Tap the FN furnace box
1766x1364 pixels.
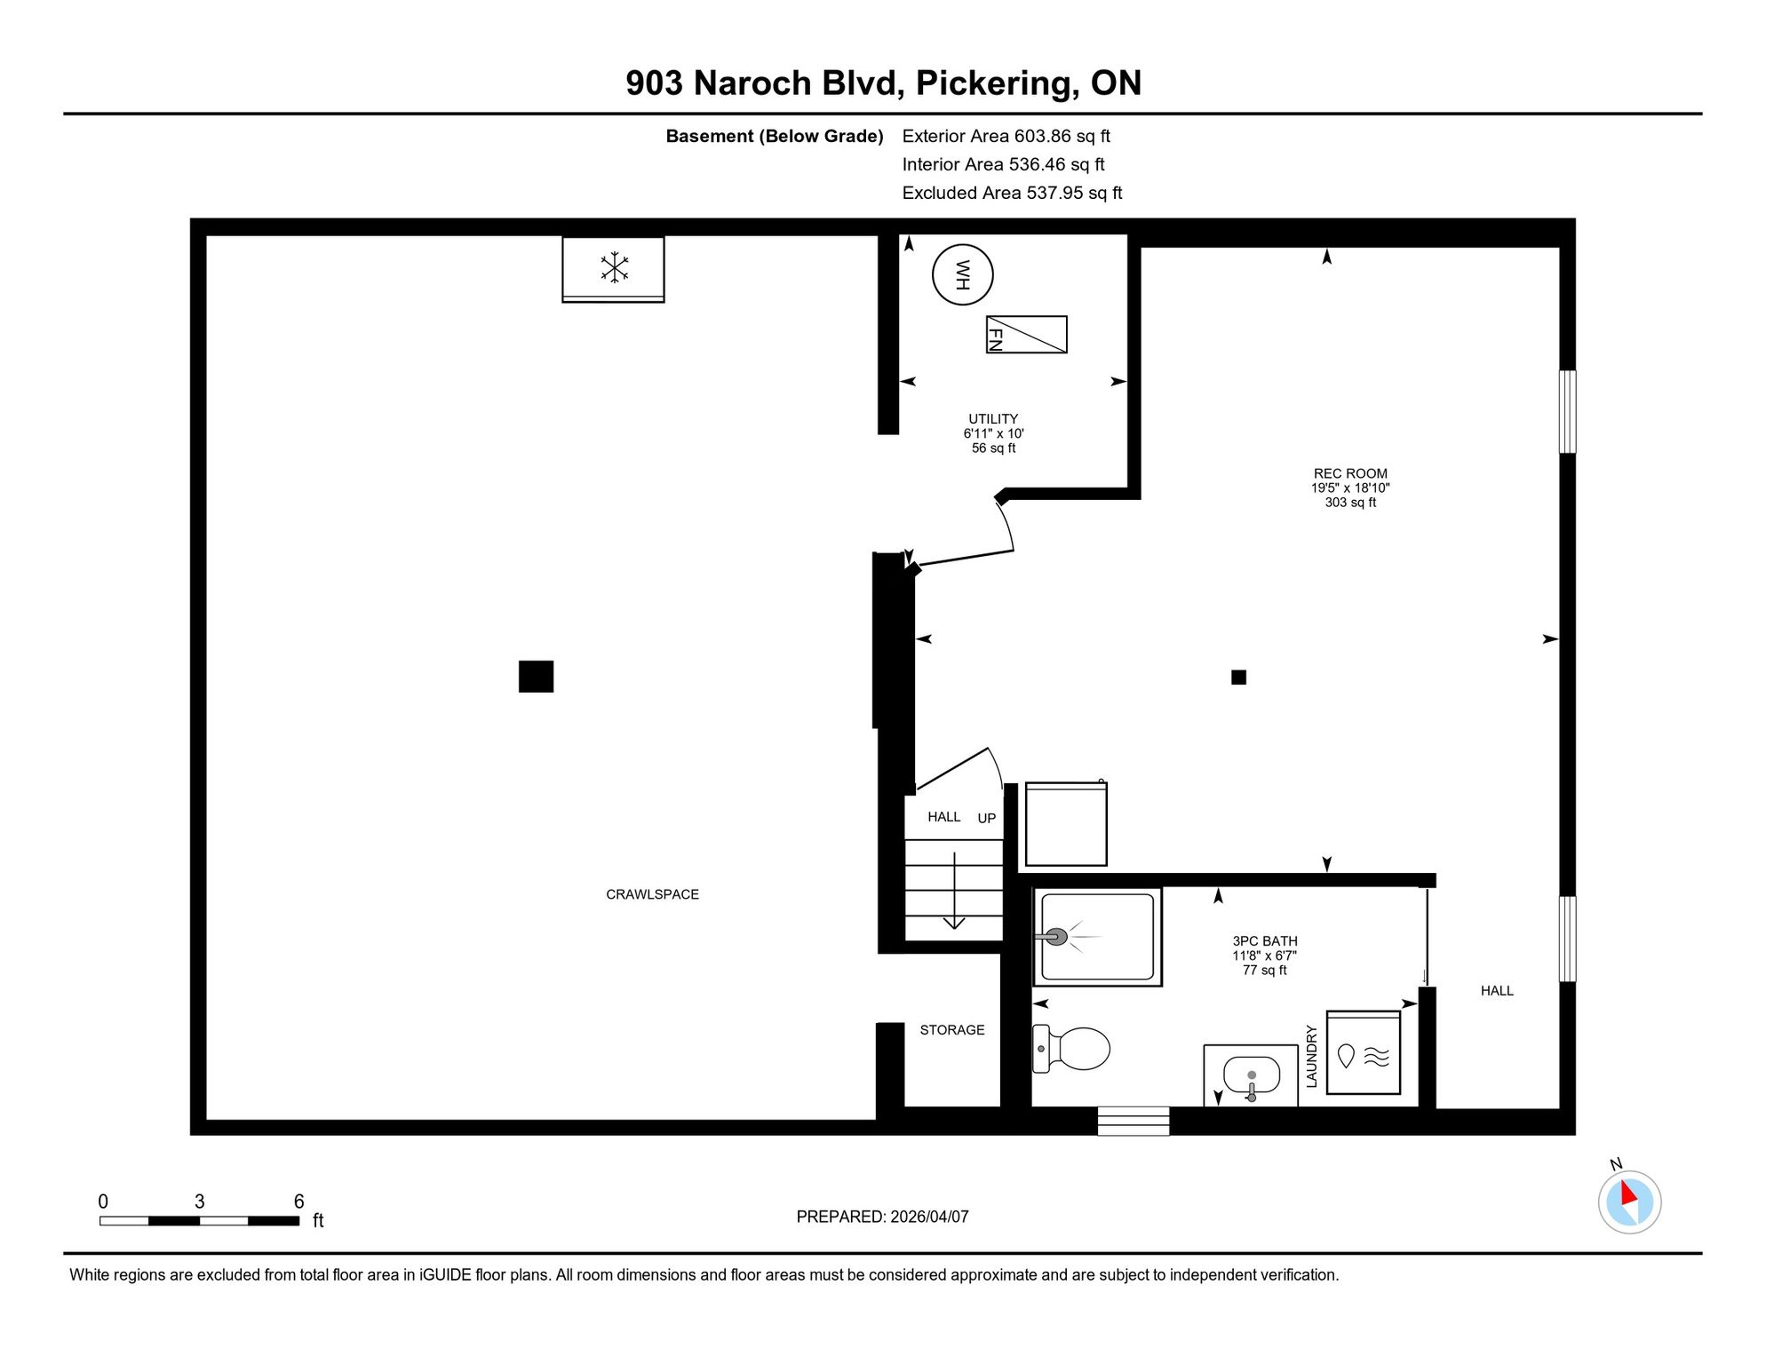[1026, 335]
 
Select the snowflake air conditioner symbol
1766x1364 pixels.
[614, 267]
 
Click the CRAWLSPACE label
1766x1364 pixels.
[652, 894]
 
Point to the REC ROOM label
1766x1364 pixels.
[1350, 473]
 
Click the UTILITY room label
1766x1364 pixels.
[993, 418]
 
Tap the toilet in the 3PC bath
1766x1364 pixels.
[1071, 1049]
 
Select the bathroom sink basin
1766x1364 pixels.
[1252, 1075]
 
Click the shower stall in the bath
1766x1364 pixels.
[1097, 937]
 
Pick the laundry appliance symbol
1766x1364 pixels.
[1364, 1052]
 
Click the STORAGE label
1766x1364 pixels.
[952, 1030]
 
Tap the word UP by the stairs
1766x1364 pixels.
[987, 818]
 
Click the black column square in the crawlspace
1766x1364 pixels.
[536, 677]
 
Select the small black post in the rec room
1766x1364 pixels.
[1238, 678]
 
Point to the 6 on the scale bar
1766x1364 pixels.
[299, 1201]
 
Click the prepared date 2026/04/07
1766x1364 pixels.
[927, 1217]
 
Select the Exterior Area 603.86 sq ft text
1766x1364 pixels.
[1006, 136]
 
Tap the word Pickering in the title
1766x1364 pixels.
[998, 83]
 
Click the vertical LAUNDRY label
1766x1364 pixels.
[1311, 1056]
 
